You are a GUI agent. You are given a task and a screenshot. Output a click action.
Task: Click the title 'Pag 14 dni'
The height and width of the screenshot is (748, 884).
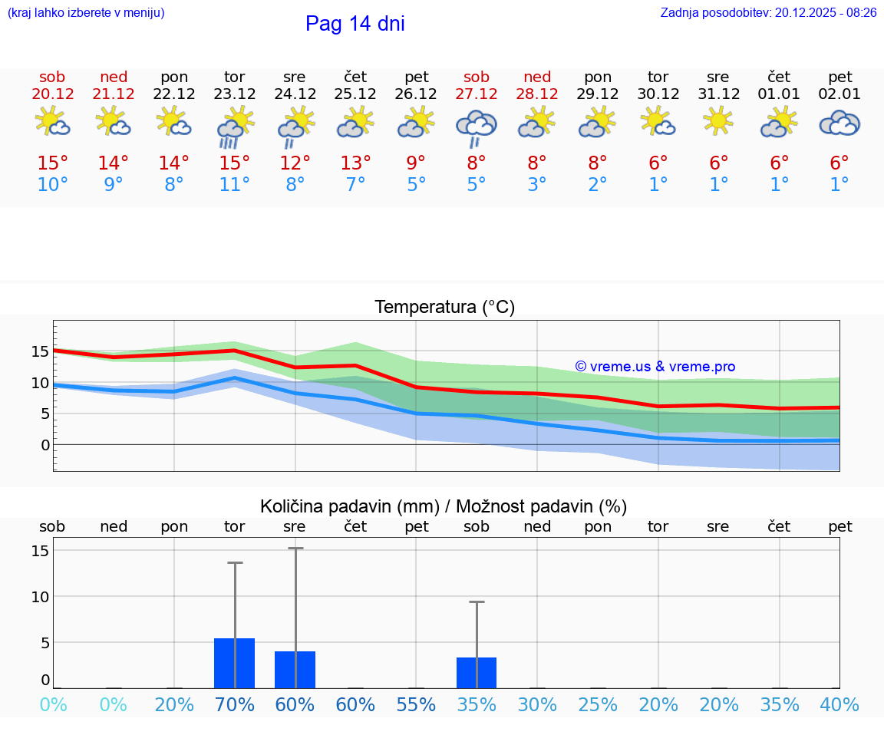point(355,24)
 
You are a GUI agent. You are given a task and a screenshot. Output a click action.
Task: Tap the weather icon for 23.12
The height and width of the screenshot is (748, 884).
point(235,127)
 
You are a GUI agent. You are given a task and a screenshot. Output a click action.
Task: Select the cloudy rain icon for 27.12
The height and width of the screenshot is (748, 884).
point(477,127)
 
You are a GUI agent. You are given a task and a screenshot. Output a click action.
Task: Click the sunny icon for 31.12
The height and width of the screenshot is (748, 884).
point(718,121)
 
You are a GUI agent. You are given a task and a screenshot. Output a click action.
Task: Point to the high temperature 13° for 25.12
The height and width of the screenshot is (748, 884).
point(355,163)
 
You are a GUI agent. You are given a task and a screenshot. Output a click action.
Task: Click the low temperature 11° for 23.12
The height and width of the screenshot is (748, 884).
point(235,185)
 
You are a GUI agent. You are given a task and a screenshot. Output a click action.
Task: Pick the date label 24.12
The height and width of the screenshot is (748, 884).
point(295,94)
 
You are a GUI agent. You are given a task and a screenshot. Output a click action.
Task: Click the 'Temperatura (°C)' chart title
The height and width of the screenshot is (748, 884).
point(444,308)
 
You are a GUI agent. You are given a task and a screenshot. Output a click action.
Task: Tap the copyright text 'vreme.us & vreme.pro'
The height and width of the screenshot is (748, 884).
point(655,367)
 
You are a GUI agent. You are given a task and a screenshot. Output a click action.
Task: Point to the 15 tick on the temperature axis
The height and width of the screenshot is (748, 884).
point(40,351)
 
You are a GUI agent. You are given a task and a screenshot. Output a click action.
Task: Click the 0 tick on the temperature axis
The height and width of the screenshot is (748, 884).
point(45,445)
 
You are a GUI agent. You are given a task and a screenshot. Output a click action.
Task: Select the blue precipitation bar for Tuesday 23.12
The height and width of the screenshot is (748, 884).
point(235,663)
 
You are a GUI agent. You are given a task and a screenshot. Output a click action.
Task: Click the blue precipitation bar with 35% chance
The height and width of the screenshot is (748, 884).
point(477,673)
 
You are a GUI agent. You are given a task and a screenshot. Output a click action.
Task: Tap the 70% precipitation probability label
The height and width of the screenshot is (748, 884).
point(235,704)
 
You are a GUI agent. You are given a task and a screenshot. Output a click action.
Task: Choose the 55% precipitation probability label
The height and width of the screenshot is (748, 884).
point(416,704)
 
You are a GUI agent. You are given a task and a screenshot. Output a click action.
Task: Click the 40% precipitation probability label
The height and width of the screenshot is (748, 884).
point(839,704)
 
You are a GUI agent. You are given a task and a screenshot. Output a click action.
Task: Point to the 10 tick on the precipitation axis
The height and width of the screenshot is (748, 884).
point(40,597)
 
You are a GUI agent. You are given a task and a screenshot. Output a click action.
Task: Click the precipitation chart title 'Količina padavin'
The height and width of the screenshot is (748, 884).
point(444,506)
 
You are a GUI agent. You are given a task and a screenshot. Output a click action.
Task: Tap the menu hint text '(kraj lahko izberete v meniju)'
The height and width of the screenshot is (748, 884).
point(86,12)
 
